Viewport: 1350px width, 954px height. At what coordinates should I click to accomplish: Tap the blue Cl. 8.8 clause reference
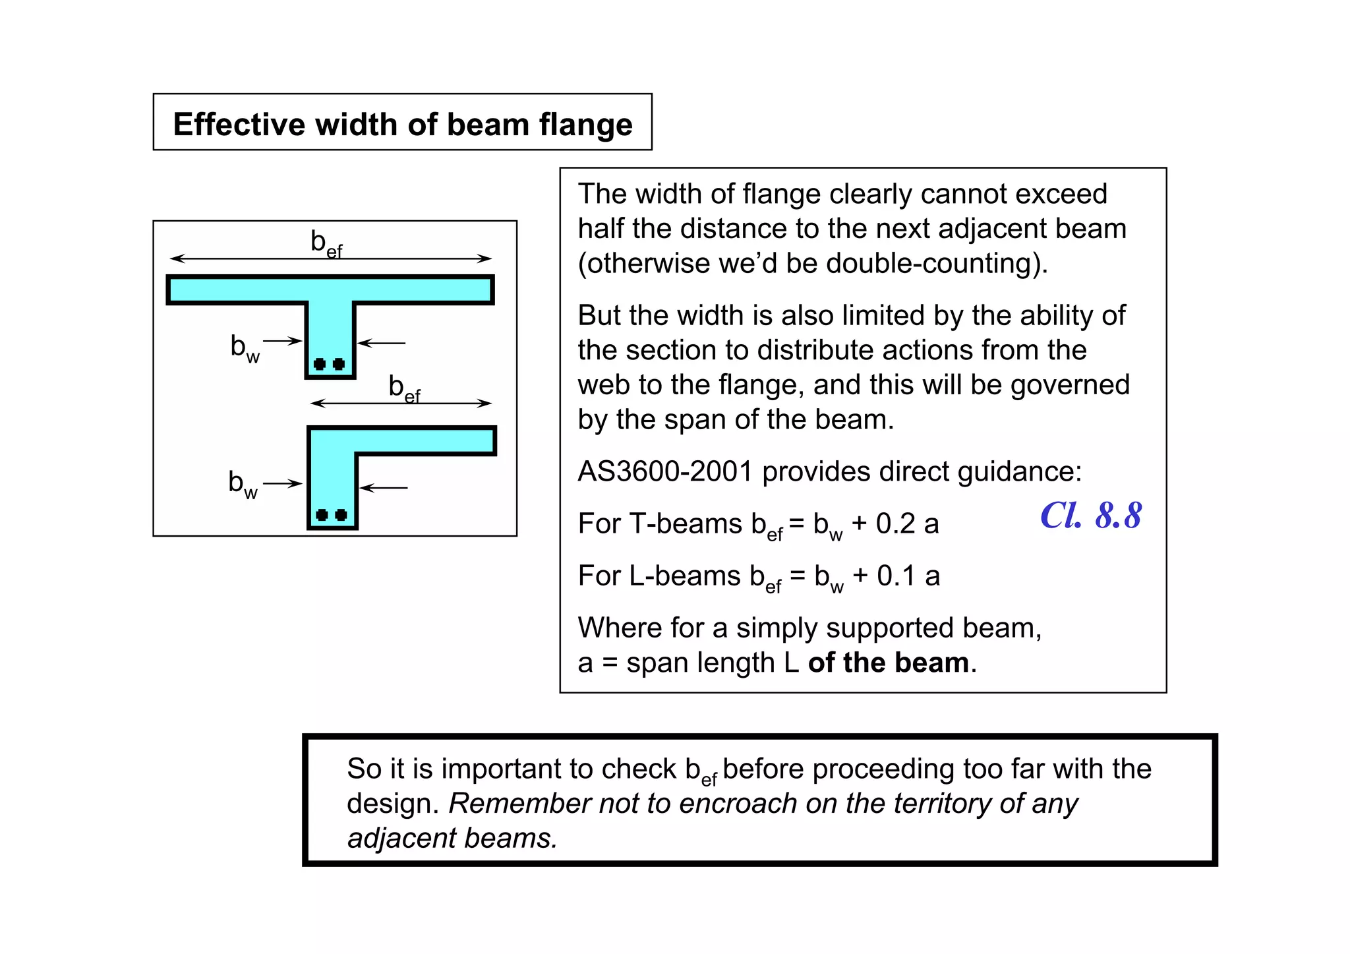point(1090,516)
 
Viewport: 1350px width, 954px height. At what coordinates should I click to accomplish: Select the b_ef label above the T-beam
point(326,244)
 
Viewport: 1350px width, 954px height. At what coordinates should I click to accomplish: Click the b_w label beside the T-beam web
point(245,347)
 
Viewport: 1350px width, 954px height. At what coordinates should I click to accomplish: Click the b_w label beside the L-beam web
point(243,484)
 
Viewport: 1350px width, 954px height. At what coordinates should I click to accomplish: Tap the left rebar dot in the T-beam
point(320,364)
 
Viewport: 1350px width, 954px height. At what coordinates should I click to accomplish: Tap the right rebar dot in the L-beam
point(341,515)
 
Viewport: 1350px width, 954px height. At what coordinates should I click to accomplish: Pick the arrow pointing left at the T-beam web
point(382,343)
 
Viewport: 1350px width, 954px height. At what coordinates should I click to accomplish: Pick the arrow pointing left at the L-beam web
point(384,488)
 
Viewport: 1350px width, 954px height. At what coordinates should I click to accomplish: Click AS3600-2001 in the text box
point(665,472)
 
